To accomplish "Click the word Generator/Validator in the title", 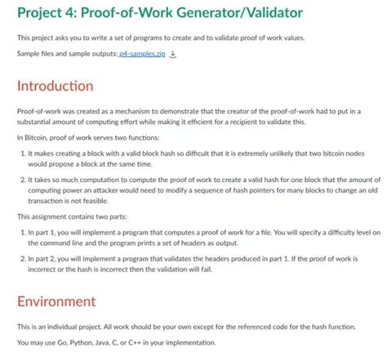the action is point(221,13).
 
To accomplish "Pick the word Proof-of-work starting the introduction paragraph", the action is point(38,110).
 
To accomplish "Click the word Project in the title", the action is point(42,13).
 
